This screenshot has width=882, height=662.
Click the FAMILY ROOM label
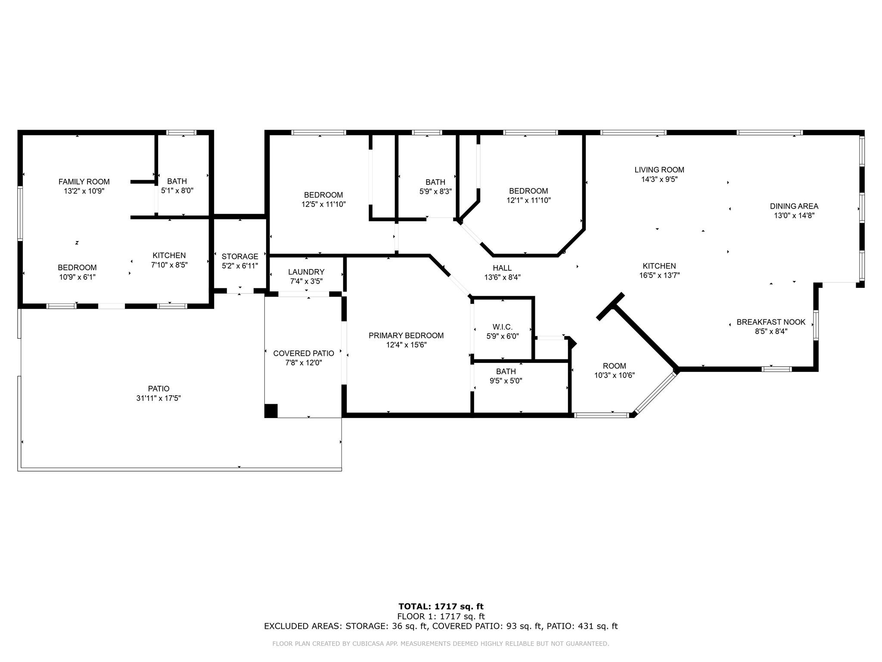84,182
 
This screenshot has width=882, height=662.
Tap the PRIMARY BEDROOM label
406,336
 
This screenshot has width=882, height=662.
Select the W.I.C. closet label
503,327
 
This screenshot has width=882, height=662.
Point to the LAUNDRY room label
306,272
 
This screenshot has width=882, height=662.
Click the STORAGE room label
240,256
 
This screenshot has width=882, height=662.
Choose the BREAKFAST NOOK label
771,322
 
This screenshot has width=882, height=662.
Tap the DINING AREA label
794,206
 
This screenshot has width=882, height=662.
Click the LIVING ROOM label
659,170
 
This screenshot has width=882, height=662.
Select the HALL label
502,268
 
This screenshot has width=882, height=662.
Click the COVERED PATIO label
304,353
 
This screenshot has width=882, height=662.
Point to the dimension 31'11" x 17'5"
158,398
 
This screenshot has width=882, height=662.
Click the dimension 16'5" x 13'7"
659,275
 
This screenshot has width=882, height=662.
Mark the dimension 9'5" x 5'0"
506,381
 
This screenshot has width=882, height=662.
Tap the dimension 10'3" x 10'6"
615,375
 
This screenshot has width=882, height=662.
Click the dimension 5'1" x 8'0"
177,190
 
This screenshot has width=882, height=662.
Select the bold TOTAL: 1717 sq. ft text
441,607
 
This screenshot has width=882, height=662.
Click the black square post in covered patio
271,411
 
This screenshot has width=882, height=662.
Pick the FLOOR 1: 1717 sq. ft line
441,616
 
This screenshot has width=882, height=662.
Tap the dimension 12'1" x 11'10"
528,200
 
